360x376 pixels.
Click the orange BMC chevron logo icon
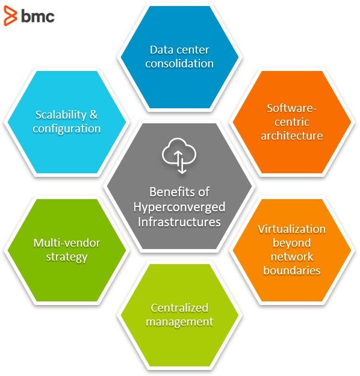point(10,16)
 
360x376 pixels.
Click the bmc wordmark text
point(38,16)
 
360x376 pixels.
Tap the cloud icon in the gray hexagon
point(179,155)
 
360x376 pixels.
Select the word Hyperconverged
point(179,208)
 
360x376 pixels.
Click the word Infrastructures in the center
point(179,222)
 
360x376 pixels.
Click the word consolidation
point(179,64)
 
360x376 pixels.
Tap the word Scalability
point(61,115)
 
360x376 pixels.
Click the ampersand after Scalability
point(93,115)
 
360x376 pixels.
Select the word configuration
point(66,129)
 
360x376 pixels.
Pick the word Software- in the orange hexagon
point(291,108)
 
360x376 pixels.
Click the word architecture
point(291,136)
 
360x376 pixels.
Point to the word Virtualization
point(291,229)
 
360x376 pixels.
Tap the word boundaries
point(291,271)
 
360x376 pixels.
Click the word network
point(291,257)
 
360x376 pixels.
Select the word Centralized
point(179,308)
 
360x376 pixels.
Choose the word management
point(179,322)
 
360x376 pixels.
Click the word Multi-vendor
point(66,243)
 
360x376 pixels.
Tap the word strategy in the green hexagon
point(66,257)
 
